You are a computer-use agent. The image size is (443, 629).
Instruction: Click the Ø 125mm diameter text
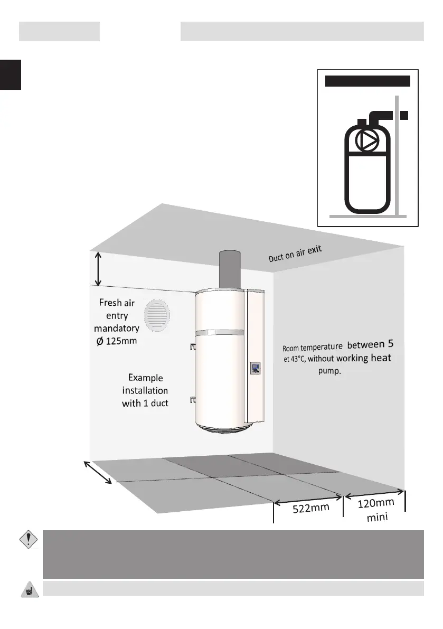tap(115, 341)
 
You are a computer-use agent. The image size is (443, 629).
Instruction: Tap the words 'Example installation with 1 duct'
tap(145, 391)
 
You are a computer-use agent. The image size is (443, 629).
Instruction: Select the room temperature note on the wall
tap(337, 356)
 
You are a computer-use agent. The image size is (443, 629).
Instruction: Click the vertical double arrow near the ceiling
tap(98, 268)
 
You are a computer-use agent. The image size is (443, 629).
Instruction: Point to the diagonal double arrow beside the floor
tap(98, 472)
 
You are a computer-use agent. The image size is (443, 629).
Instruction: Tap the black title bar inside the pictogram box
tap(367, 81)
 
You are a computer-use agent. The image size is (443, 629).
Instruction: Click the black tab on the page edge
tap(10, 74)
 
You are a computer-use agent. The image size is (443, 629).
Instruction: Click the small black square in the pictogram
tap(404, 115)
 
